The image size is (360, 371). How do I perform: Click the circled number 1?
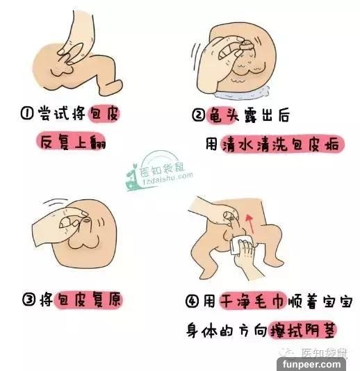(26, 113)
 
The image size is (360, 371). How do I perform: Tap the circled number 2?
(198, 115)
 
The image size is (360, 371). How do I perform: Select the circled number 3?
(29, 299)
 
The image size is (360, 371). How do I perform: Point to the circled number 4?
(192, 302)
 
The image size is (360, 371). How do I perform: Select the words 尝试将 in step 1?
(62, 113)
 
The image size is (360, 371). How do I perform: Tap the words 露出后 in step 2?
(267, 115)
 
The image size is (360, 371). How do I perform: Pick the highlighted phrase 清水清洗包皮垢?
(281, 144)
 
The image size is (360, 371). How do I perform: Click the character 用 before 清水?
(211, 144)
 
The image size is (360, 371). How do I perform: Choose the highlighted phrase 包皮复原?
(88, 299)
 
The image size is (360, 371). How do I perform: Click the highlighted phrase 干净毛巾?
(253, 302)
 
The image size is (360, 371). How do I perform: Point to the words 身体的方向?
(227, 330)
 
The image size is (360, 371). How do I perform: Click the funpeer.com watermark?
(311, 364)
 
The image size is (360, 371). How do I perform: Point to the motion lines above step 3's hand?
(56, 202)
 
